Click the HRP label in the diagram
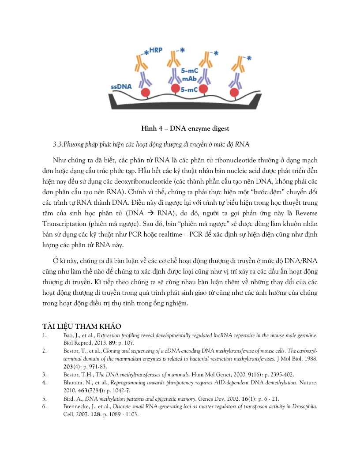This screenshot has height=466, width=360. [x=156, y=50]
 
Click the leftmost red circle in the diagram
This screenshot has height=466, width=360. [x=144, y=94]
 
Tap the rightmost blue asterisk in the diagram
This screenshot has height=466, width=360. [x=249, y=58]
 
